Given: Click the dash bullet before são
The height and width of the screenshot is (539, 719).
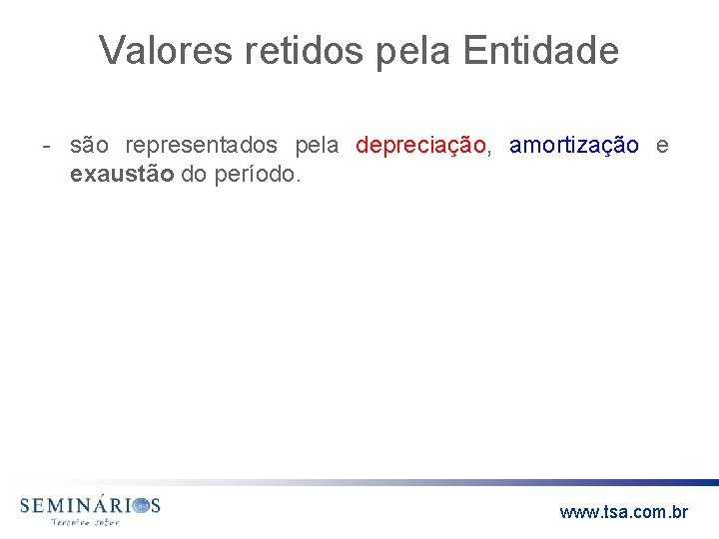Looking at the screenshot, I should pos(47,146).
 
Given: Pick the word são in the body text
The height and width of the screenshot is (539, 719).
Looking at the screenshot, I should pos(89,146).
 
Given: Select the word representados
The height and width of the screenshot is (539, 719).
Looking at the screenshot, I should pos(202,146).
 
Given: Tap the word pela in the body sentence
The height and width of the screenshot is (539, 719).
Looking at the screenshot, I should pos(318,146).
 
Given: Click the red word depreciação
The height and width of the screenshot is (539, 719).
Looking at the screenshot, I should pos(419,146).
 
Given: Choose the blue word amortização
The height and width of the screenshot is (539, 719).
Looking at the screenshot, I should pos(573,146).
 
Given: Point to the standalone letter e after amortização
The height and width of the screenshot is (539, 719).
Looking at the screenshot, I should pos(662,146).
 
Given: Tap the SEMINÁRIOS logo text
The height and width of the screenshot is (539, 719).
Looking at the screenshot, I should pos(89,506).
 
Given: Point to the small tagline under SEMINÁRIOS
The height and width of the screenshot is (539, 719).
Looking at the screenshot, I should pos(85,522).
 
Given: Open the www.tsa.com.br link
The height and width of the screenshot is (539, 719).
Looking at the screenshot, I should pos(623,512).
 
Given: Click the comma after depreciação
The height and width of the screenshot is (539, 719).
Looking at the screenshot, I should pos(487,151).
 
